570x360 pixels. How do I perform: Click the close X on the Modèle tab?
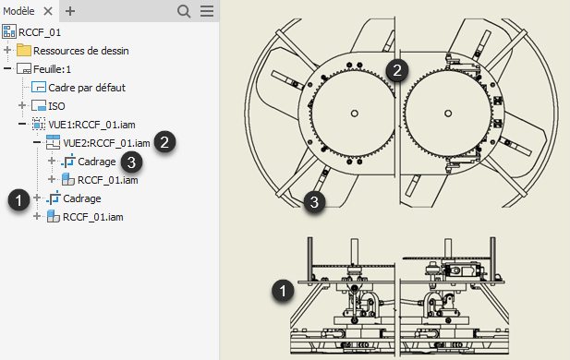pyautogui.click(x=48, y=11)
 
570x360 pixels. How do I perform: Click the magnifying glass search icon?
pyautogui.click(x=184, y=11)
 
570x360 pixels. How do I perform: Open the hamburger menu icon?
pyautogui.click(x=207, y=11)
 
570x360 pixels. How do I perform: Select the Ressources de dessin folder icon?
pyautogui.click(x=24, y=50)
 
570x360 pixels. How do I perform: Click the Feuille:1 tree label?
pyautogui.click(x=52, y=69)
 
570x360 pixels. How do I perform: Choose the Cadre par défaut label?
pyautogui.click(x=87, y=88)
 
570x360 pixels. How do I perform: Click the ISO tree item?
pyautogui.click(x=56, y=106)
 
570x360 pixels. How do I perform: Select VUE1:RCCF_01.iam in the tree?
pyautogui.click(x=91, y=125)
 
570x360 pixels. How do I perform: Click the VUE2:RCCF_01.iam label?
pyautogui.click(x=106, y=143)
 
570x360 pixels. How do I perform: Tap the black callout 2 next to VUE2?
pyautogui.click(x=164, y=142)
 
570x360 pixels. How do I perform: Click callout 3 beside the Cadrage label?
pyautogui.click(x=131, y=162)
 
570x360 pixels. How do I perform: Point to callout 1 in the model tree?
pyautogui.click(x=18, y=199)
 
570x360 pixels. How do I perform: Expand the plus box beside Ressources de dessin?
pyautogui.click(x=7, y=50)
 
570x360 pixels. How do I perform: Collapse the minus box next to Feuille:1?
pyautogui.click(x=7, y=68)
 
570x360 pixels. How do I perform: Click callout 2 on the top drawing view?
pyautogui.click(x=397, y=70)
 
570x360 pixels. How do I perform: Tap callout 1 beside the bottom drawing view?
pyautogui.click(x=283, y=291)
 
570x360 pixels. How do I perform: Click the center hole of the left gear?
pyautogui.click(x=355, y=114)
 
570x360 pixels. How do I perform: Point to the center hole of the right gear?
pyautogui.click(x=448, y=114)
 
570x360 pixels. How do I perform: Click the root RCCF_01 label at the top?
pyautogui.click(x=40, y=32)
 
